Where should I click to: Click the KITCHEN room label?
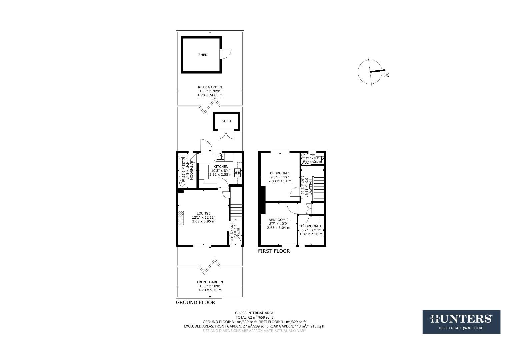coord(221,166)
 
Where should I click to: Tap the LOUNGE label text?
coord(203,213)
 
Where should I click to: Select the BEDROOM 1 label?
coord(280,173)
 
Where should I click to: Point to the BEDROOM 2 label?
coord(278,220)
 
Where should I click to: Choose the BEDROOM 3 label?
coord(311,226)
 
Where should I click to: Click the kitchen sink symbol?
coord(220,156)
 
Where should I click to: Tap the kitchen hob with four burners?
coord(238,173)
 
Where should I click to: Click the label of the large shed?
coord(203,55)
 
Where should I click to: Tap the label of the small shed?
coord(226,121)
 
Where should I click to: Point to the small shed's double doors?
coord(226,135)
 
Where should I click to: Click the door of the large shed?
coord(226,54)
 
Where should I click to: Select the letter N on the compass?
coord(386,75)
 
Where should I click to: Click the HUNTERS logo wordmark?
coord(461,319)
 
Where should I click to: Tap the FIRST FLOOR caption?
coord(274,251)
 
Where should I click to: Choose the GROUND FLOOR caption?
coord(195,302)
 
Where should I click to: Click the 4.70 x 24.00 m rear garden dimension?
coord(210,95)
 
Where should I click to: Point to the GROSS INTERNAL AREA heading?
coord(254,313)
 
